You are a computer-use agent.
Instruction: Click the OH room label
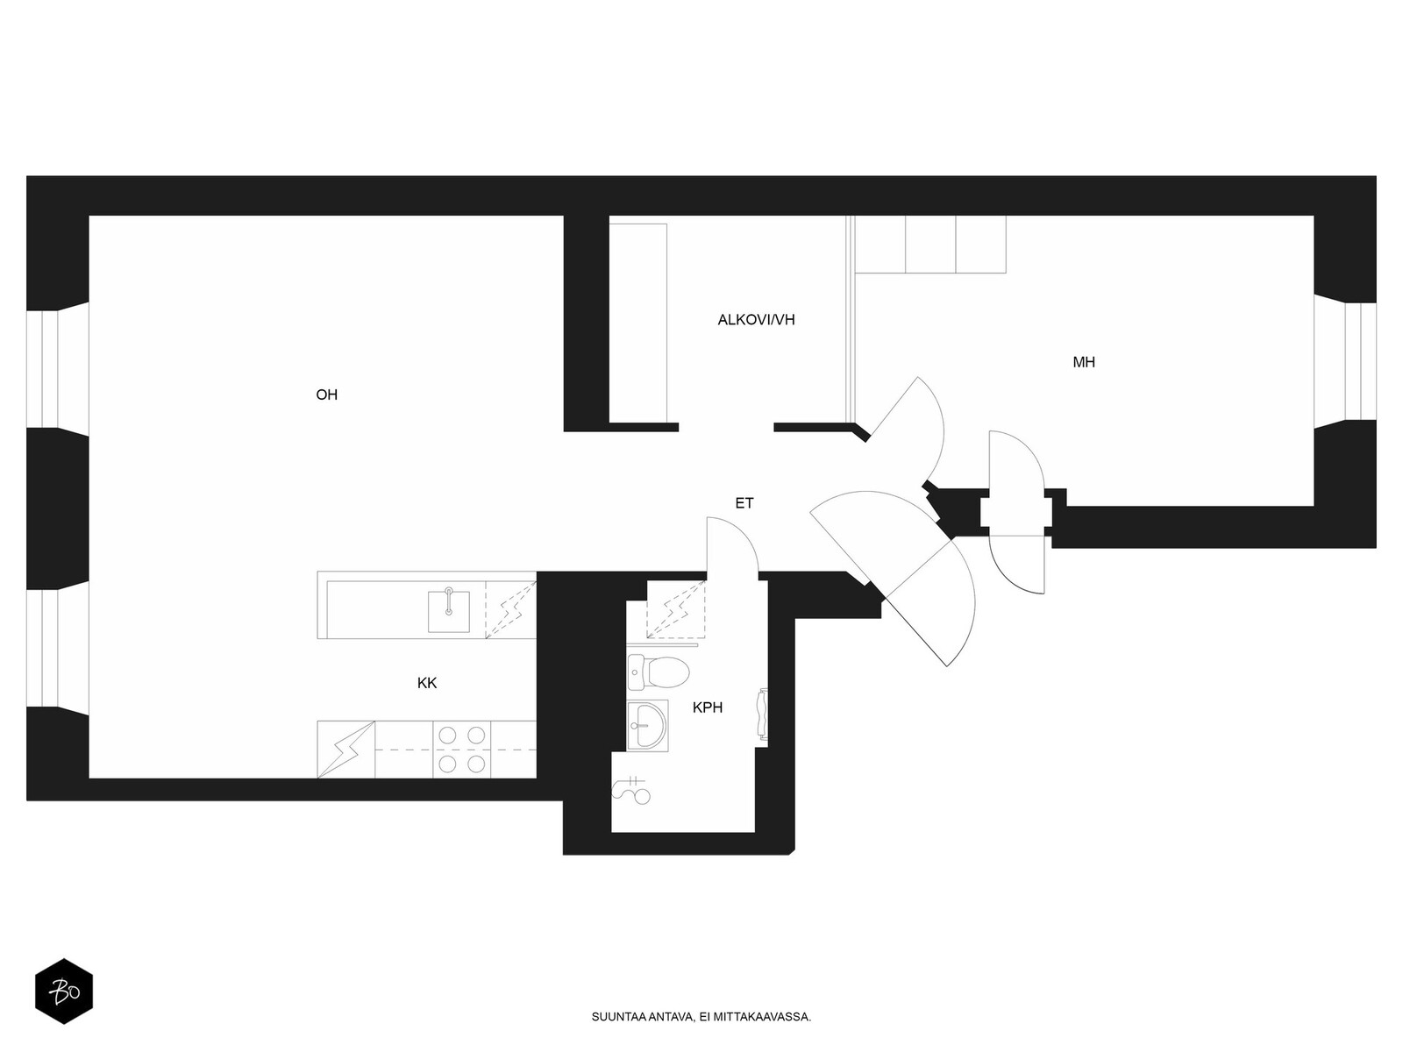click(326, 394)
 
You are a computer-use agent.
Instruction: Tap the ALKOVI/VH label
click(756, 320)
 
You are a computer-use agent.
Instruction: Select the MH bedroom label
click(1084, 362)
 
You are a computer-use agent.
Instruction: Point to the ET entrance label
click(744, 503)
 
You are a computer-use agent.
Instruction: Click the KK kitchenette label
click(427, 684)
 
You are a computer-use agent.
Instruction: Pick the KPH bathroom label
click(708, 707)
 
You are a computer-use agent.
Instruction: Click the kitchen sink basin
click(449, 611)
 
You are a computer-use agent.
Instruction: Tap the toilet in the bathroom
click(659, 672)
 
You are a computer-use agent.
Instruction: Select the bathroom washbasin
click(647, 725)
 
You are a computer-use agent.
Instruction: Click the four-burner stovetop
click(461, 750)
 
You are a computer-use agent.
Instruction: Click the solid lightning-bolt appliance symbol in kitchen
click(345, 750)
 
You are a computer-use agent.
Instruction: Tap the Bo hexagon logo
click(64, 992)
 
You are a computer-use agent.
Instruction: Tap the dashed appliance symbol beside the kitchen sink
click(510, 609)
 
